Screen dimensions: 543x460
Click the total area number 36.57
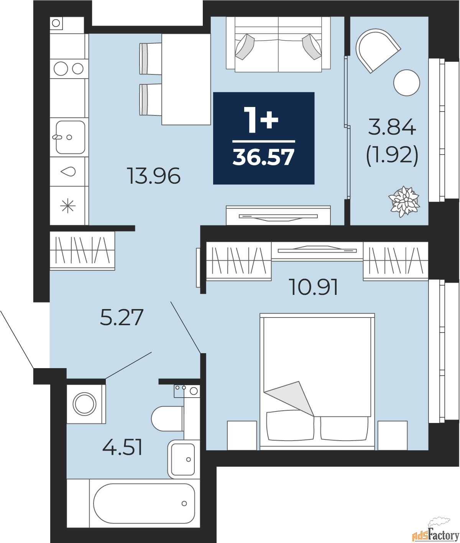pos(264,157)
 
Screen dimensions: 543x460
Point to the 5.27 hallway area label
pos(122,318)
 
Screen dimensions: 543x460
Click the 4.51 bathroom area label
pos(123,448)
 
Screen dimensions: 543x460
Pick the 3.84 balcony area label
pos(392,127)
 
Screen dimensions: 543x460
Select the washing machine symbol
pos(85,403)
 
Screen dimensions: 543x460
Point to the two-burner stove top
pos(69,69)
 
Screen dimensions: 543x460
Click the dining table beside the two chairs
pos(186,79)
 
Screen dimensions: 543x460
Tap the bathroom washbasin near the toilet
pos(182,459)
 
